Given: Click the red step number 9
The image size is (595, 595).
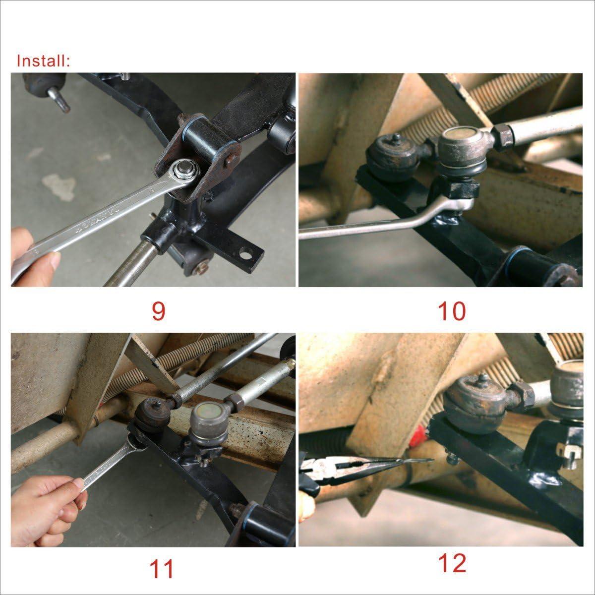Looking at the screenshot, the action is click(159, 311).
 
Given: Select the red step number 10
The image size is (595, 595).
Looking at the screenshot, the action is click(452, 311).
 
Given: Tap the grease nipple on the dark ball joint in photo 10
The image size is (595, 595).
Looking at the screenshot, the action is click(397, 139).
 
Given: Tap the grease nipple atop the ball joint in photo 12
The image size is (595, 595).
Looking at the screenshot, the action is click(482, 378).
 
